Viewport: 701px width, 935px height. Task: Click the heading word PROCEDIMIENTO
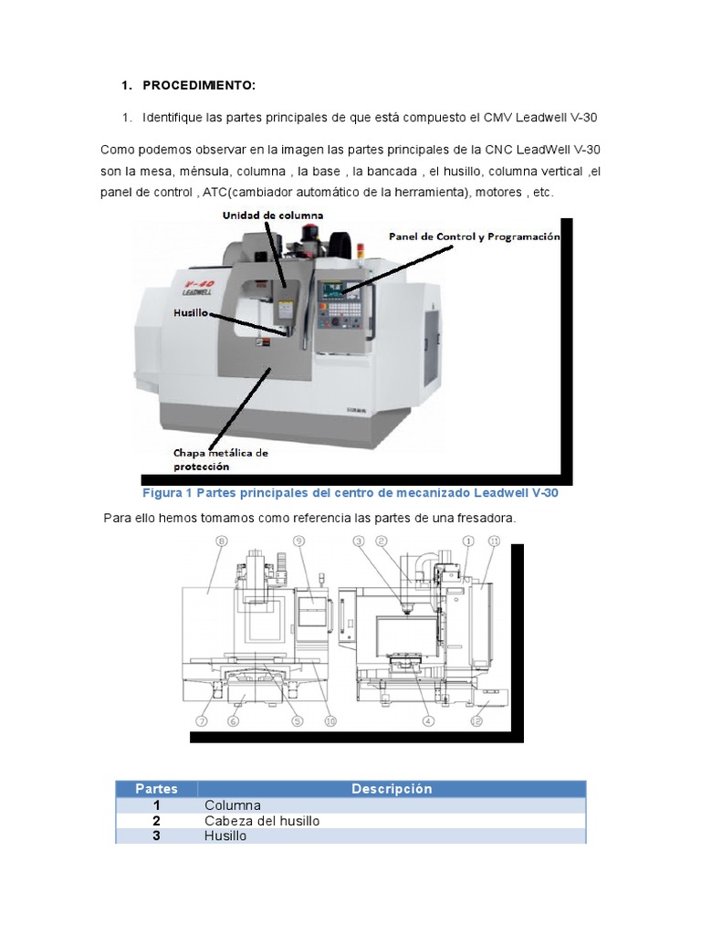[199, 85]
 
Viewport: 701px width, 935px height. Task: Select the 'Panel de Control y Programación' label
[473, 236]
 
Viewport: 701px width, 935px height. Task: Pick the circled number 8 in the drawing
[220, 541]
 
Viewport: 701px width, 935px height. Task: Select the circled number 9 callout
[298, 541]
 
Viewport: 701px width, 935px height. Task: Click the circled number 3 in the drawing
[359, 541]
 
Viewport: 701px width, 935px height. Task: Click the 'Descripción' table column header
[392, 789]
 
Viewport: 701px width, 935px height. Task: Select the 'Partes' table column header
[157, 789]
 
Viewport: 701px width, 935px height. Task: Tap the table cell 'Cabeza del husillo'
[262, 821]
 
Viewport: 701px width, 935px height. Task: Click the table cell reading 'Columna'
[233, 805]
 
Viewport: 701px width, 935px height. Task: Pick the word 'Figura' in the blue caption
[165, 493]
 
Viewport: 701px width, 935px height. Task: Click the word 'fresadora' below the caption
[485, 518]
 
